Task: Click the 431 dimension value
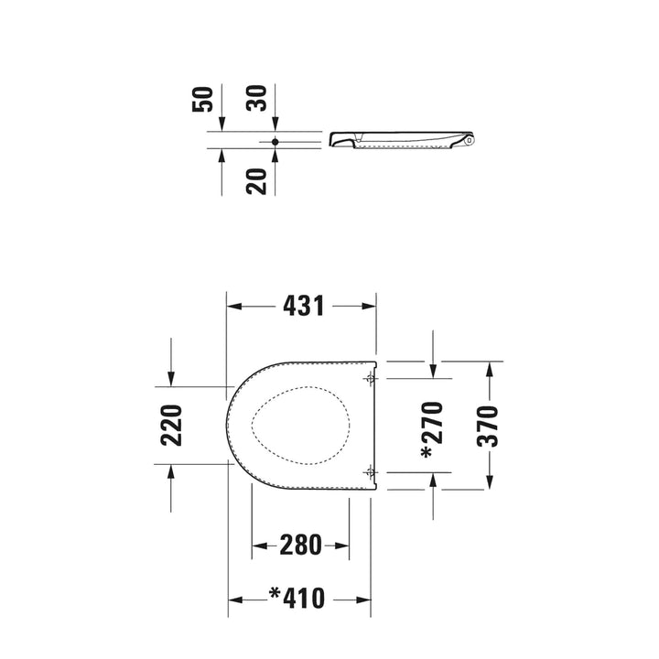(304, 306)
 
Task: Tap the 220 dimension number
(171, 426)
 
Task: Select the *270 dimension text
(432, 430)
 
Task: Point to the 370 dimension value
(488, 426)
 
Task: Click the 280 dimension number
(300, 546)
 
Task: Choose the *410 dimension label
(297, 598)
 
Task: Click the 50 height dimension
(202, 99)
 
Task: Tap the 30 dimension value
(256, 98)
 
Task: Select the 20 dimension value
(256, 181)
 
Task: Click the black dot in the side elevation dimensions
(275, 142)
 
